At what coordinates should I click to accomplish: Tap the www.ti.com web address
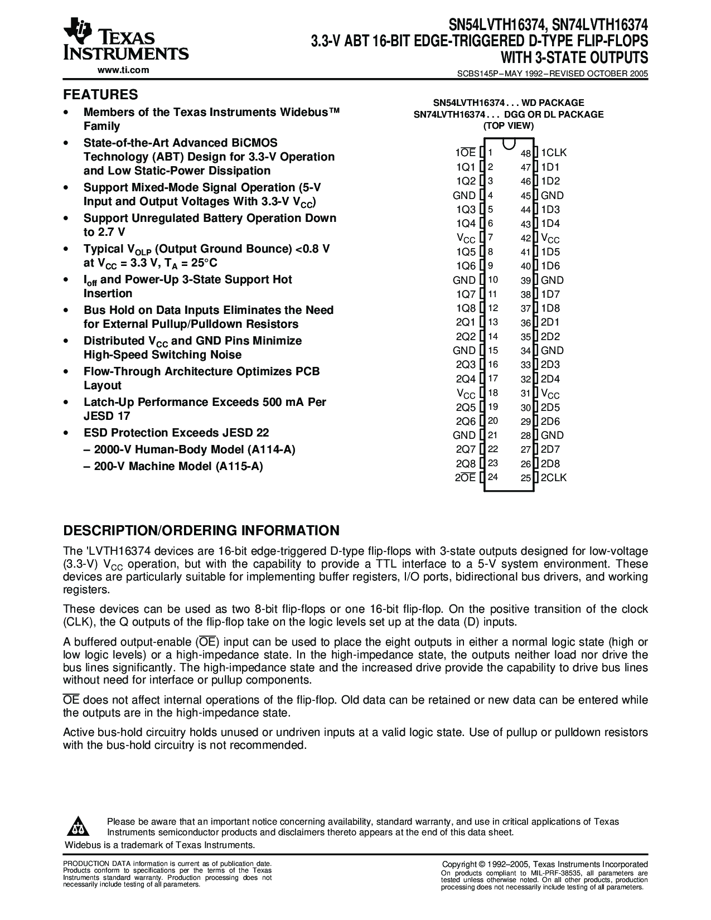[x=123, y=70]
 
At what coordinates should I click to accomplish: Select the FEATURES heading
[x=100, y=94]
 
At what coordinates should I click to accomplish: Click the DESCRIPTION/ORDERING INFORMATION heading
[x=201, y=530]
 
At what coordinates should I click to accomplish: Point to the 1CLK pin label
[x=553, y=153]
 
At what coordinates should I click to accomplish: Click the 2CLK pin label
[x=553, y=478]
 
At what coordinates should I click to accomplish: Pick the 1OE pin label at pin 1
[x=465, y=153]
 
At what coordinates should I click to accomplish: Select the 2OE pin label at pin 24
[x=465, y=478]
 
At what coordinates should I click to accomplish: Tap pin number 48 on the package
[x=525, y=153]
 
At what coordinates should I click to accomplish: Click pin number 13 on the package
[x=493, y=322]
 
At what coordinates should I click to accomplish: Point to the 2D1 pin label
[x=550, y=322]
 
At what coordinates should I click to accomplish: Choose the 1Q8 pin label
[x=466, y=308]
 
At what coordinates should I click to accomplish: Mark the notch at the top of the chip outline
[x=508, y=144]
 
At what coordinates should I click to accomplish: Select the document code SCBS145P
[x=476, y=73]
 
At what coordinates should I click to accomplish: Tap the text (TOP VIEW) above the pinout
[x=508, y=125]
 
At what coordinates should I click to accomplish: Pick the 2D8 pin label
[x=550, y=463]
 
